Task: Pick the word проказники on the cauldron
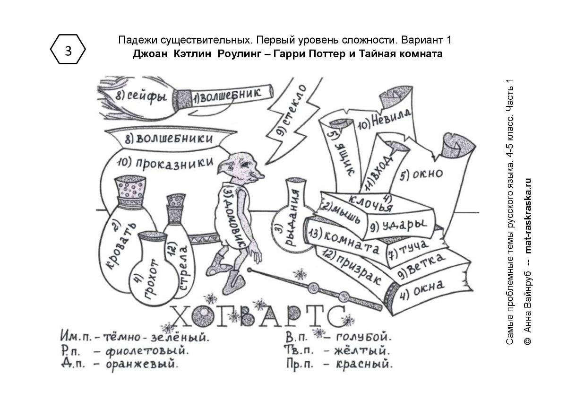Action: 175,163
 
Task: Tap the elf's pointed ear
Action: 225,165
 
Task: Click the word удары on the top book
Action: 404,225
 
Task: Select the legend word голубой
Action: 364,337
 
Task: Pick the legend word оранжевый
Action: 142,364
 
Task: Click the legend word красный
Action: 364,364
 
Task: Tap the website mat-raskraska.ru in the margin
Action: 527,216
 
